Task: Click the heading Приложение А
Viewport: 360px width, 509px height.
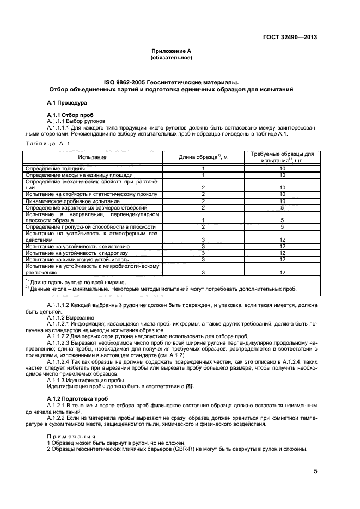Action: coord(171,51)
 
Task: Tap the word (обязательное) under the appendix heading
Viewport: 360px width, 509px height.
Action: coord(171,57)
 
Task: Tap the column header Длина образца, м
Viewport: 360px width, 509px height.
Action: coord(203,157)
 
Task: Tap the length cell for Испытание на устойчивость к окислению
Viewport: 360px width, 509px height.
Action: coord(203,246)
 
